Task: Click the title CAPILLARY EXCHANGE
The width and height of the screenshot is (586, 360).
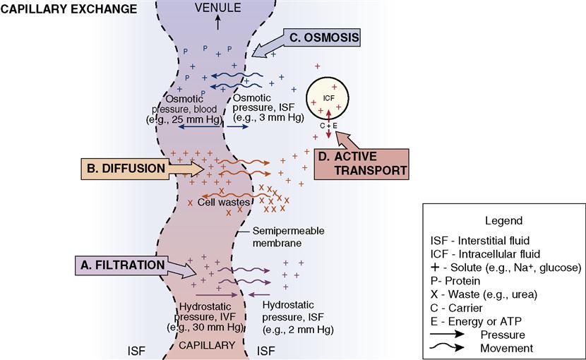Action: [69, 9]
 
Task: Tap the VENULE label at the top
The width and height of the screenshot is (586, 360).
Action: [217, 8]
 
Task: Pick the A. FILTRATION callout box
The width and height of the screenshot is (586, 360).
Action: [122, 265]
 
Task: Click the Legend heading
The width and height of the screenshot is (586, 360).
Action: [503, 220]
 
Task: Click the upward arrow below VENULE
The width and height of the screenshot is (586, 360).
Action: [217, 21]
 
